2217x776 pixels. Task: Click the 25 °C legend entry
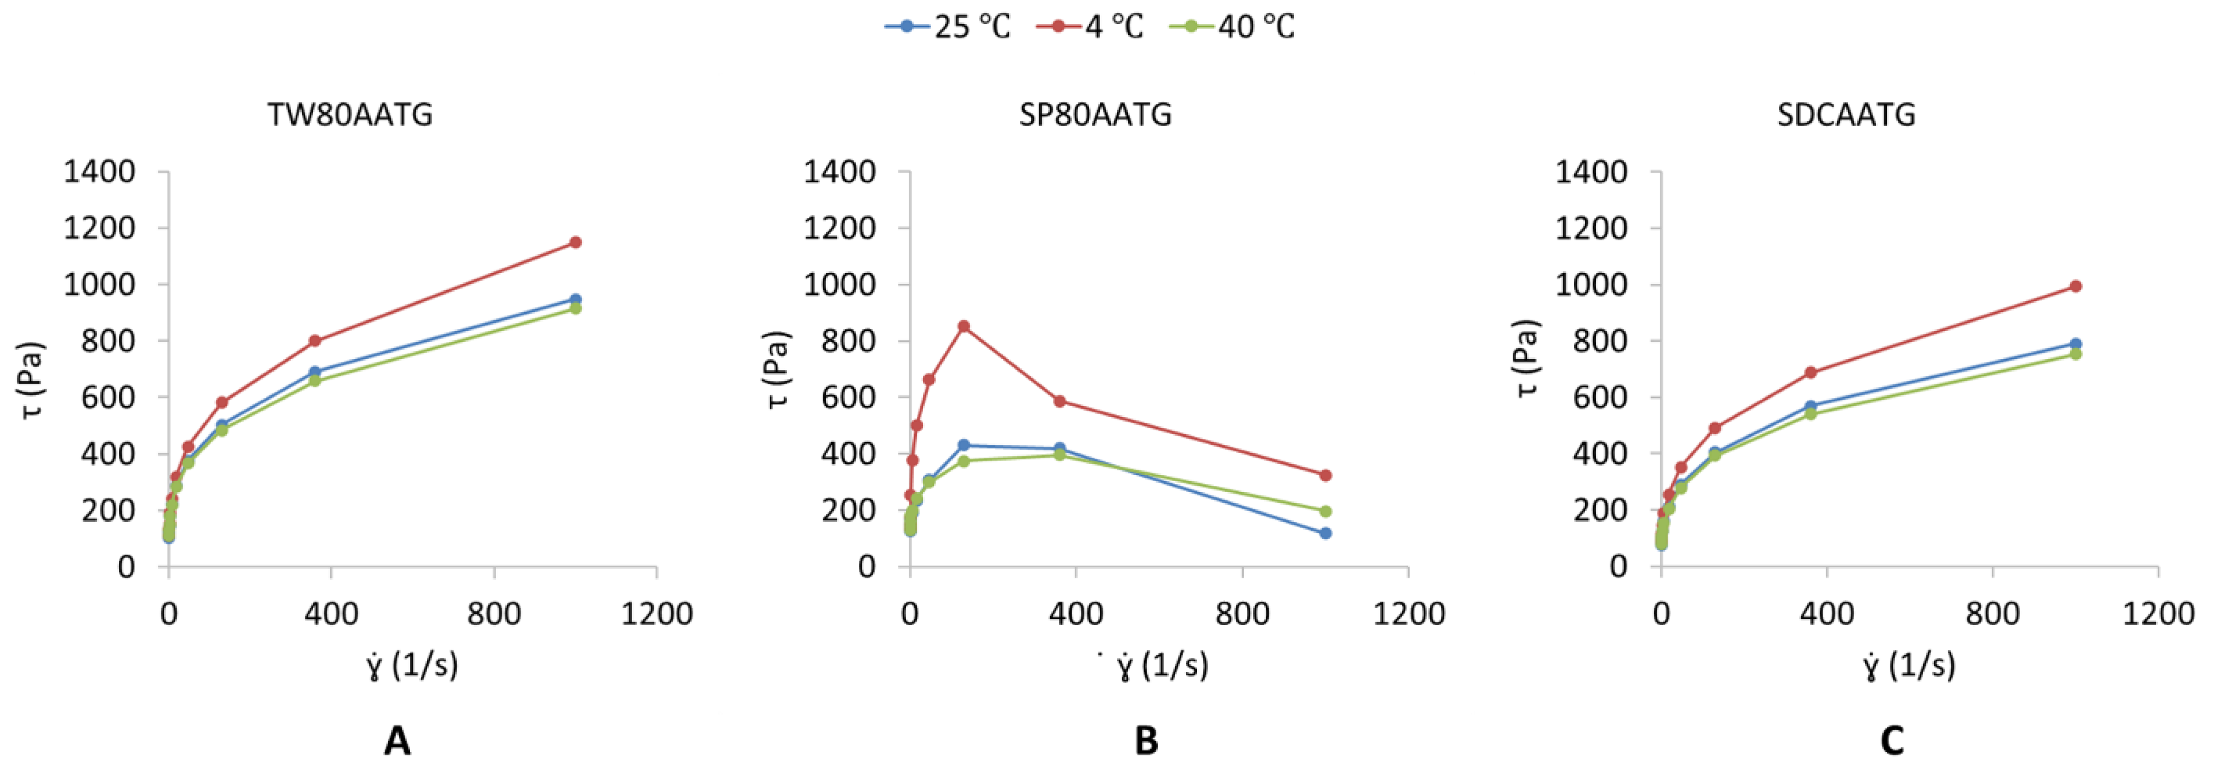point(948,26)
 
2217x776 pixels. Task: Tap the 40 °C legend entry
point(1232,26)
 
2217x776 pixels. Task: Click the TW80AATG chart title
point(350,115)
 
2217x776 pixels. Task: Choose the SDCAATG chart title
point(1846,115)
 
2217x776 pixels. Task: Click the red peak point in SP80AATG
point(964,326)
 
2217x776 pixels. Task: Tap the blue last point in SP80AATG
point(1325,533)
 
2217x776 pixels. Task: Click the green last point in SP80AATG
point(1325,511)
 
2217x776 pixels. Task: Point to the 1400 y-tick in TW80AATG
point(99,172)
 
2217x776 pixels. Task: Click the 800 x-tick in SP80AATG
point(1242,614)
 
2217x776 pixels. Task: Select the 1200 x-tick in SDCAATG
point(2158,614)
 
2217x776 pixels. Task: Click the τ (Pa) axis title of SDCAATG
point(1526,359)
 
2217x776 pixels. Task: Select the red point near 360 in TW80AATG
point(315,341)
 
